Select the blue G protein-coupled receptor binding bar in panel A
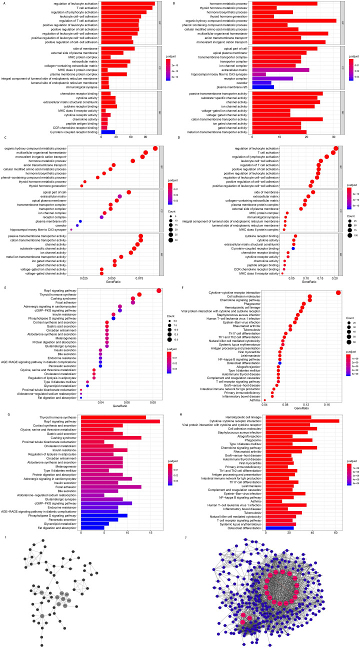(108, 132)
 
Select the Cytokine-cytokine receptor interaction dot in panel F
(338, 279)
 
